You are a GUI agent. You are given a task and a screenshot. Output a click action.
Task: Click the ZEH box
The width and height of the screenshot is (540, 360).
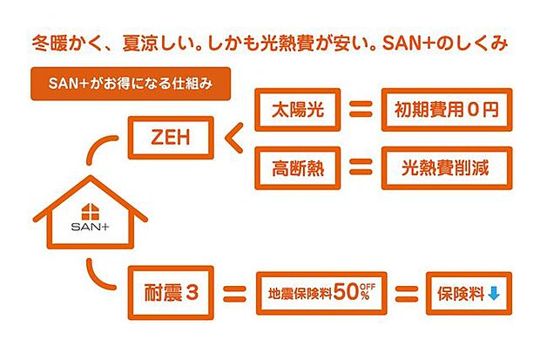point(169,137)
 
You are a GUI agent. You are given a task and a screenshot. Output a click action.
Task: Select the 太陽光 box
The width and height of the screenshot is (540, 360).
point(295,112)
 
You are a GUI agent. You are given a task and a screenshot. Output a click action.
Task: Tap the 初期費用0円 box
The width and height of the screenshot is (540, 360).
point(444,112)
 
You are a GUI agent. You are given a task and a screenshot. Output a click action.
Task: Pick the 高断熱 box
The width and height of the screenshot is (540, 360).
point(295,167)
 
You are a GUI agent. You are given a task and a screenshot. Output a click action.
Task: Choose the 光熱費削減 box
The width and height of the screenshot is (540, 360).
point(444,167)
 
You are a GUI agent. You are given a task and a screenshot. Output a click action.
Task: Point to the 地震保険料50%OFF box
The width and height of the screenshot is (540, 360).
point(321,293)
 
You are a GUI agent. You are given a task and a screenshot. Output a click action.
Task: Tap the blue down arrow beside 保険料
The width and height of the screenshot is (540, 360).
point(494,294)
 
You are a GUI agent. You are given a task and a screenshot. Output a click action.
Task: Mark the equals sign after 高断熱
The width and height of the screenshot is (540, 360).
point(354,167)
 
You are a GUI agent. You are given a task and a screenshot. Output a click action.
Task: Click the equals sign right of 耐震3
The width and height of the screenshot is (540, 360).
point(233,294)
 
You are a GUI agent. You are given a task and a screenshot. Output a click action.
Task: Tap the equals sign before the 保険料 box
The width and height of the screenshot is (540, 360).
point(408,294)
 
